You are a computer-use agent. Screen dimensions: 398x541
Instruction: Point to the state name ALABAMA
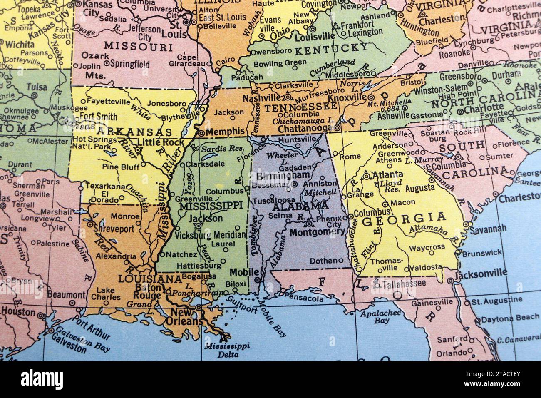tap(300, 206)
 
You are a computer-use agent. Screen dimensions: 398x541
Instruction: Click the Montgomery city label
tap(317, 232)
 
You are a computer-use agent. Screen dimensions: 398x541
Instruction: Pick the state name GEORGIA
tap(404, 218)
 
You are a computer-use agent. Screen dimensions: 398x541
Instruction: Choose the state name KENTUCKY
tap(331, 49)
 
